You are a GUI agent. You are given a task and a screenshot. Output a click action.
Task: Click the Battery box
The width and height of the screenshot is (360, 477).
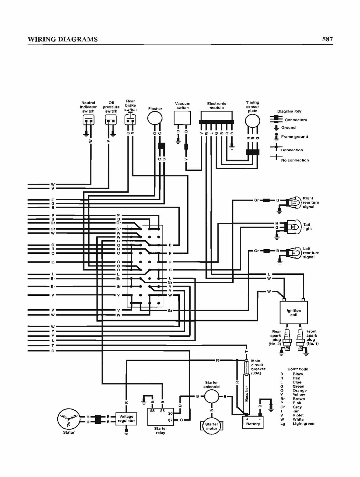[x=253, y=422]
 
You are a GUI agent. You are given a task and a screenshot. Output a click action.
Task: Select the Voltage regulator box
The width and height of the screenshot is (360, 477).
[x=126, y=419]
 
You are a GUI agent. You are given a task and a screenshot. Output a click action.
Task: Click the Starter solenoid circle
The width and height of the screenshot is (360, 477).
[x=212, y=397]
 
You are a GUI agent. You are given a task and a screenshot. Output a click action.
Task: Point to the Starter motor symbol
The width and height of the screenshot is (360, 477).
[x=212, y=426]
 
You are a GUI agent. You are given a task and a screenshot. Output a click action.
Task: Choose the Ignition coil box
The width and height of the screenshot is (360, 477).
[x=294, y=312]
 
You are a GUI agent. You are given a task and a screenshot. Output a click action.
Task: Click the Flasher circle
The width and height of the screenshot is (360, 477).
[x=155, y=119]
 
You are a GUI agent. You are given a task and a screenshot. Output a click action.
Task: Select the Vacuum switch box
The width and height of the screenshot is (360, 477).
[x=183, y=118]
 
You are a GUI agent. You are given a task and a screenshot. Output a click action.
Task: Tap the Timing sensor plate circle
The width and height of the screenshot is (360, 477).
[x=252, y=121]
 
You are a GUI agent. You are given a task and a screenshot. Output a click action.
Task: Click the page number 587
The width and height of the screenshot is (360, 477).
[x=327, y=39]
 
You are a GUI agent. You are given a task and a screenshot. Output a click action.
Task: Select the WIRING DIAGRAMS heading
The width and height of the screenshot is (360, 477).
[x=63, y=39]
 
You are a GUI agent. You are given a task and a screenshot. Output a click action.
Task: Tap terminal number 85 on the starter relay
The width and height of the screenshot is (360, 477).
[x=152, y=411]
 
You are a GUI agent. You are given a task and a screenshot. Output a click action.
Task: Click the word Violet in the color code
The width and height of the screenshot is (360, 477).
[x=298, y=415]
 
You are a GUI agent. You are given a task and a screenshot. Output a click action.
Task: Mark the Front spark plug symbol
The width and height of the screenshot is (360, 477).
[x=300, y=339]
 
